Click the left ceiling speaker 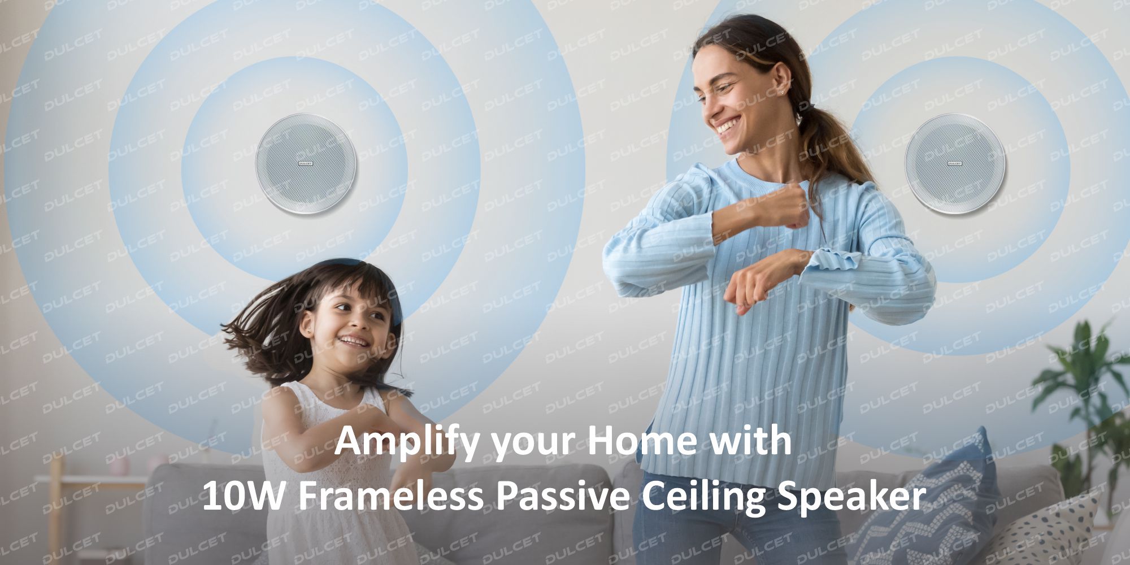pyautogui.click(x=306, y=163)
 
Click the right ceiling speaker pyautogui.click(x=955, y=163)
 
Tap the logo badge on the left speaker pyautogui.click(x=306, y=163)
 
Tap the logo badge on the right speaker pyautogui.click(x=955, y=163)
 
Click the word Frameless pyautogui.click(x=390, y=497)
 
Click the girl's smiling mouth pyautogui.click(x=354, y=341)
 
